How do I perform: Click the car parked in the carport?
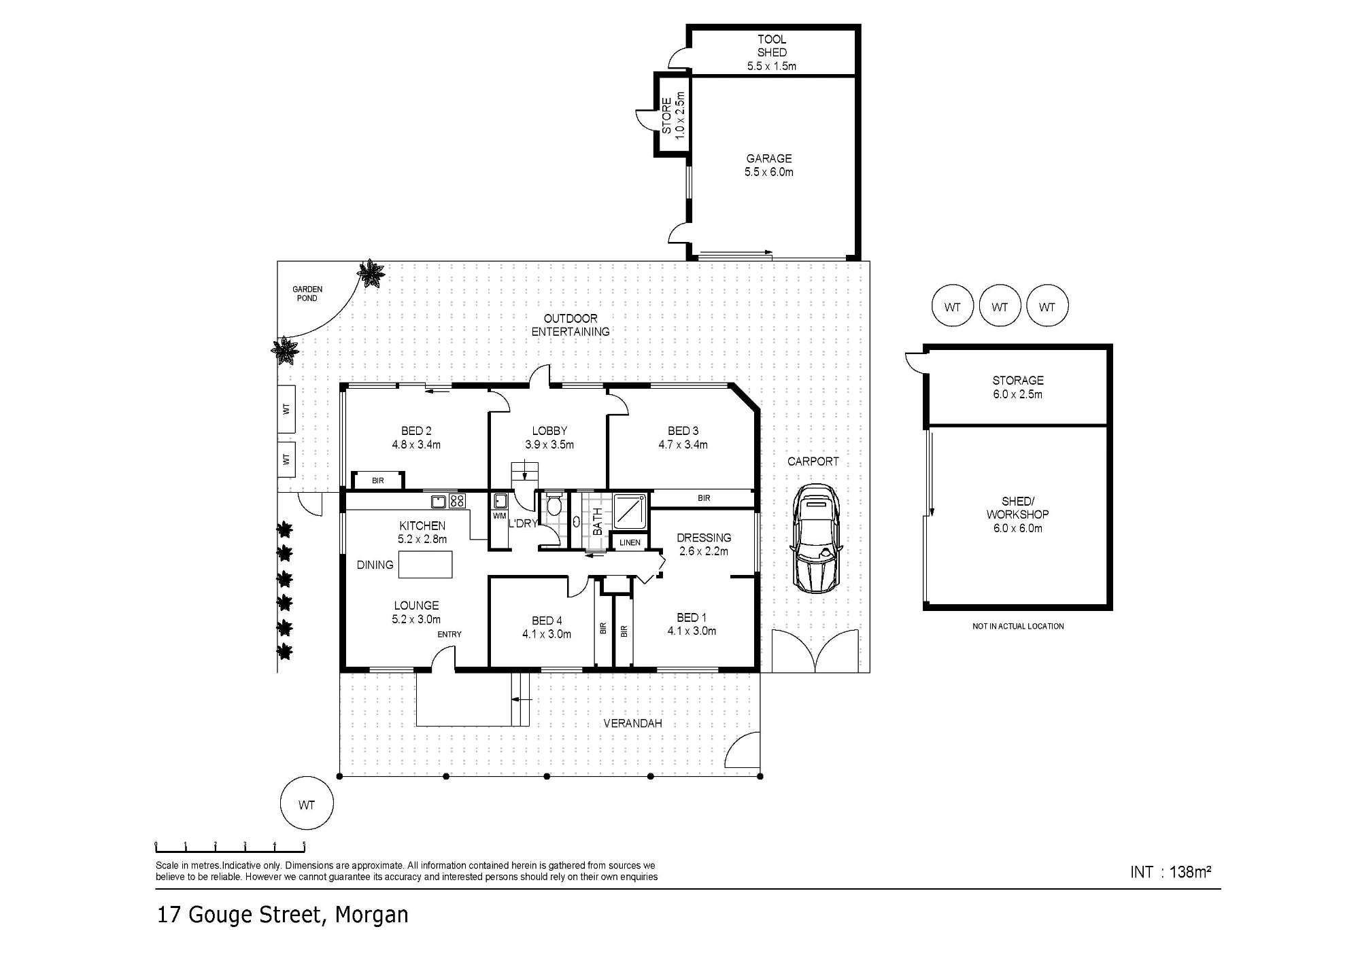(x=816, y=538)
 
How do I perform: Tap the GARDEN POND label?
(x=307, y=294)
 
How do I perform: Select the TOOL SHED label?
(x=772, y=46)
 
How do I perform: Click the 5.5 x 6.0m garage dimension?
(x=769, y=172)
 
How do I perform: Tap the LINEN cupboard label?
(x=630, y=542)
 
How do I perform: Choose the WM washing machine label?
(x=500, y=516)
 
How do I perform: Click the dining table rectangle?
(x=425, y=564)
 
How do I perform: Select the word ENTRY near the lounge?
(x=449, y=634)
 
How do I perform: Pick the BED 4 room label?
(x=547, y=621)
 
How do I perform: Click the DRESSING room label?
(x=704, y=538)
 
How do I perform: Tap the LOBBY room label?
(x=549, y=431)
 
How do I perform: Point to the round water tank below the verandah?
(x=307, y=803)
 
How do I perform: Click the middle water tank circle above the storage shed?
(x=1000, y=306)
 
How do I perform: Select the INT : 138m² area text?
(x=1171, y=872)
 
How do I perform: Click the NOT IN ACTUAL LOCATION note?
(x=1018, y=626)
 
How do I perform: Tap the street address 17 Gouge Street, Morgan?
(x=283, y=915)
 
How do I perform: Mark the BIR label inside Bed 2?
(x=378, y=480)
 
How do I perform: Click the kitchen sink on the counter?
(x=439, y=502)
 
